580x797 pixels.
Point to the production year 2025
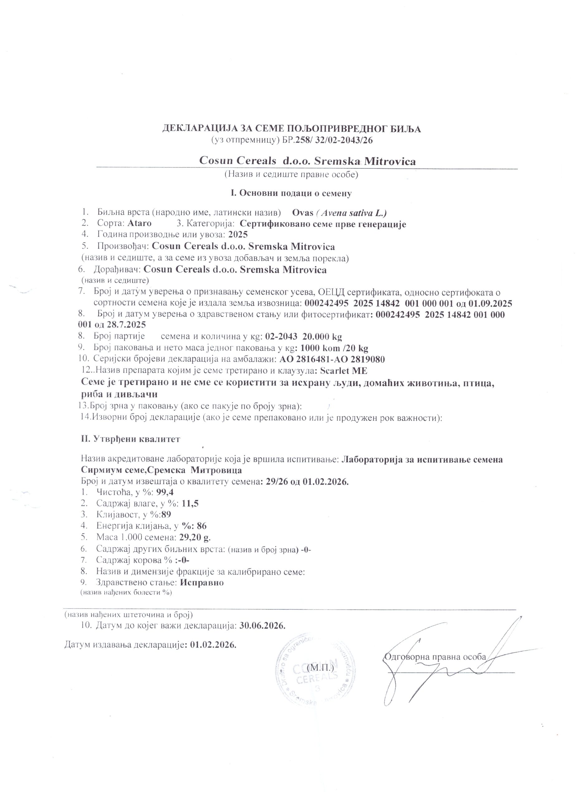tap(238, 234)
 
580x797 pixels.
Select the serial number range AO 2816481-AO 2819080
tap(332, 360)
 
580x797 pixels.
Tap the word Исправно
tap(202, 582)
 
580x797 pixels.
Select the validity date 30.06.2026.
tap(262, 625)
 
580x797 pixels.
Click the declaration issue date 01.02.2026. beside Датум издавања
tap(213, 645)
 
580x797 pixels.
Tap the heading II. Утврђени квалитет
tap(131, 439)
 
